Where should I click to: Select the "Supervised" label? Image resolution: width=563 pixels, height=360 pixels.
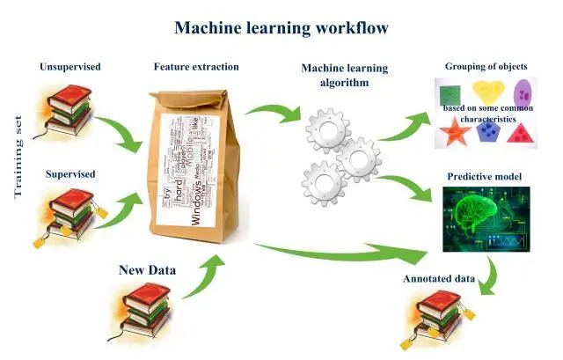coord(70,173)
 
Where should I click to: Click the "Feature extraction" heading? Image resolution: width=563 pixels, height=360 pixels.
coord(196,67)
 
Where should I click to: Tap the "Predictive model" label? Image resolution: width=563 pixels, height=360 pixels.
coord(485,176)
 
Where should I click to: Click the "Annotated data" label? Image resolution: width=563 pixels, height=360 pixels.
coord(439,279)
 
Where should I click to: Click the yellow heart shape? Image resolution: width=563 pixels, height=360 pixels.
coord(488,92)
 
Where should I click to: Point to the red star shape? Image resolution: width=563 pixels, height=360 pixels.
coord(455,133)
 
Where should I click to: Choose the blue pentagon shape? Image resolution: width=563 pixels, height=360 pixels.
coord(486,132)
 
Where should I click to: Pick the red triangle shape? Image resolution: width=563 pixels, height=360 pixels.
coord(520,134)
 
